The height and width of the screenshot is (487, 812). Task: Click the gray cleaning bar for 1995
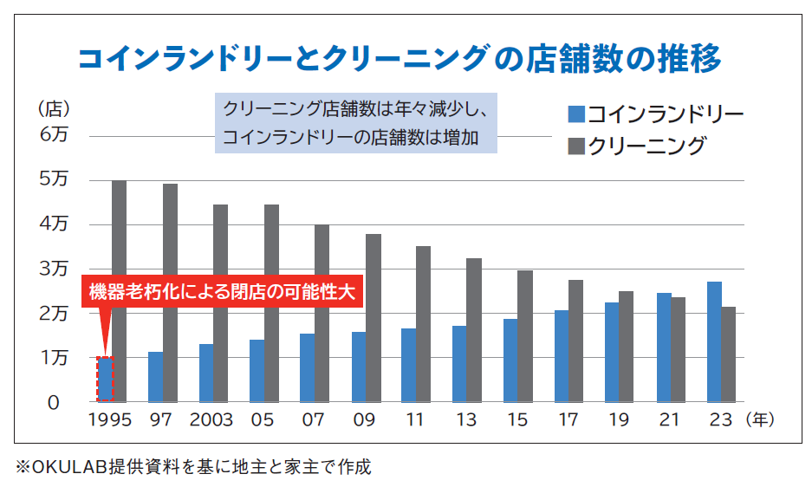point(120,291)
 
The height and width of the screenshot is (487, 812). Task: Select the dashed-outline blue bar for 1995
point(105,380)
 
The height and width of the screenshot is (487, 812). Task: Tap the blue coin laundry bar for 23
point(714,341)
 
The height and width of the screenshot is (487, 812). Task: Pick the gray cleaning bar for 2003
point(220,303)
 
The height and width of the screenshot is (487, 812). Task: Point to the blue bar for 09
point(358,367)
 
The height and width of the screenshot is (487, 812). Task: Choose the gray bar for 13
point(474,330)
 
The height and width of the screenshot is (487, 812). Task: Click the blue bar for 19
point(612,352)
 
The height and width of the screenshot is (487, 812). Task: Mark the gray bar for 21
point(678,349)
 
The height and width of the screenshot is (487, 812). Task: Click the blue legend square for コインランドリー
point(576,114)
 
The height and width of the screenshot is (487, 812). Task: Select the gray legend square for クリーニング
point(576,146)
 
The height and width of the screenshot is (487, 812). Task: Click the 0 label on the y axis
point(54,403)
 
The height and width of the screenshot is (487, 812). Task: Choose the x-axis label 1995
point(110,420)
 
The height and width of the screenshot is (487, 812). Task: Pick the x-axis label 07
point(314,420)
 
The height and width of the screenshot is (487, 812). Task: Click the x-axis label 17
point(568,420)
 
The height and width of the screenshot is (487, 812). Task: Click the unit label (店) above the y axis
point(53,109)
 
